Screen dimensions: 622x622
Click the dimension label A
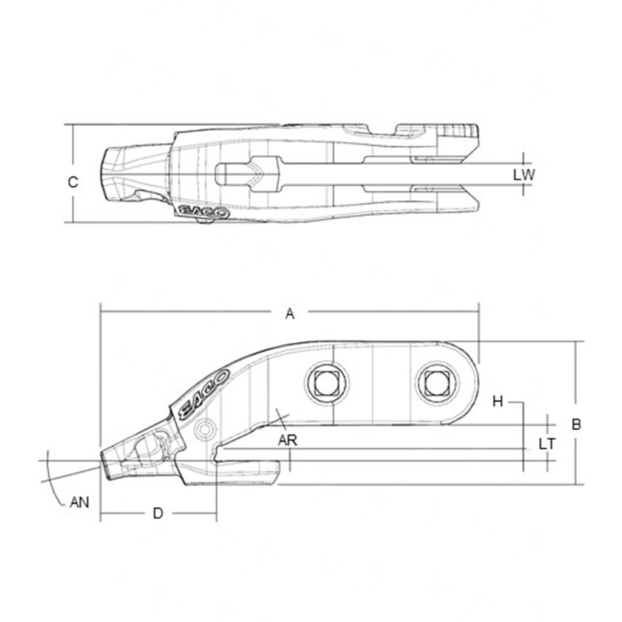click(x=290, y=313)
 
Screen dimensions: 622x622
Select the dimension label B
click(x=576, y=423)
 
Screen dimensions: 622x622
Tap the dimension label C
click(x=73, y=182)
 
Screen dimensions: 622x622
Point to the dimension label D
click(x=158, y=513)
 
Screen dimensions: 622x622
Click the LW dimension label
click(x=524, y=175)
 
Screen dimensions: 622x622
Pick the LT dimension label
click(x=547, y=444)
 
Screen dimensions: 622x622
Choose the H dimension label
click(x=498, y=402)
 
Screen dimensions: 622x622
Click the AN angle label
click(x=80, y=502)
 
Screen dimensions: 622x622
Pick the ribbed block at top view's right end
click(x=460, y=131)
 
